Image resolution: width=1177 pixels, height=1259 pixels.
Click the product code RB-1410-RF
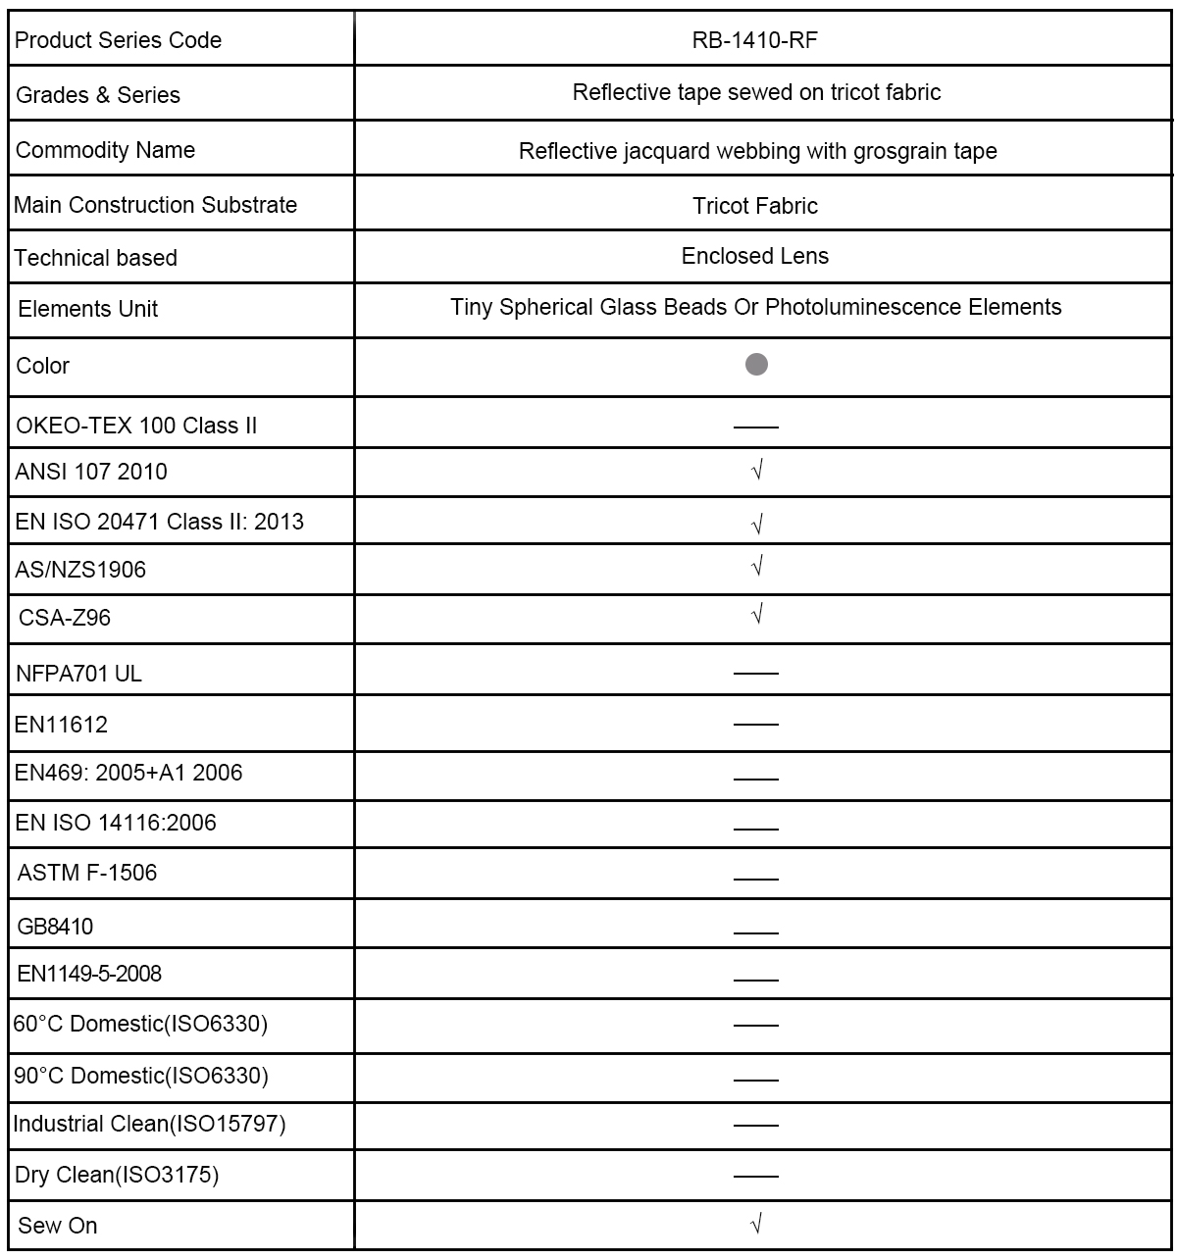click(x=755, y=40)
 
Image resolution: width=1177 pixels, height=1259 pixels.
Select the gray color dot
click(x=756, y=365)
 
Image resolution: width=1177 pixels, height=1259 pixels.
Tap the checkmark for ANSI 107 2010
click(x=756, y=471)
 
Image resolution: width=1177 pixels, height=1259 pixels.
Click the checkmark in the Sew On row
click(x=756, y=1224)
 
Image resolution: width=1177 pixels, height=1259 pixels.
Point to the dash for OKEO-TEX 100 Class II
click(x=755, y=428)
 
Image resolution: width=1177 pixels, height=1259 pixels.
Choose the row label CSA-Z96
click(x=65, y=618)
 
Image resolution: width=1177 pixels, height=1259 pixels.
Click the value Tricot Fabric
click(x=755, y=206)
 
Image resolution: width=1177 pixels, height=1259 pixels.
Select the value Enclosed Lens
click(x=755, y=256)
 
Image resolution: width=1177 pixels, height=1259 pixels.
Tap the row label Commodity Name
click(x=106, y=150)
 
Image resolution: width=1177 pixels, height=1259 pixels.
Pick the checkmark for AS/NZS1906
click(x=756, y=567)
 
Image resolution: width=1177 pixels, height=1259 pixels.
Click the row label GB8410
click(x=56, y=927)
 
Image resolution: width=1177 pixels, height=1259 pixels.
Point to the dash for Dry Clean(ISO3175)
click(x=755, y=1176)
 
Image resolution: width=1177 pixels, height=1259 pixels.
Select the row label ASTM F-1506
click(x=87, y=873)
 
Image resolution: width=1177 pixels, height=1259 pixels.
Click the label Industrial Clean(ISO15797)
click(x=149, y=1124)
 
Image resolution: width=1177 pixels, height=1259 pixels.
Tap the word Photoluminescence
click(x=864, y=308)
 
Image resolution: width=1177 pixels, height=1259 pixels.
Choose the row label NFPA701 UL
click(x=79, y=674)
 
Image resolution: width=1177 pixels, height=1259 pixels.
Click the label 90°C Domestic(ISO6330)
click(x=140, y=1076)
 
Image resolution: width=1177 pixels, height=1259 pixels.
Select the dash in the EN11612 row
click(x=755, y=725)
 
